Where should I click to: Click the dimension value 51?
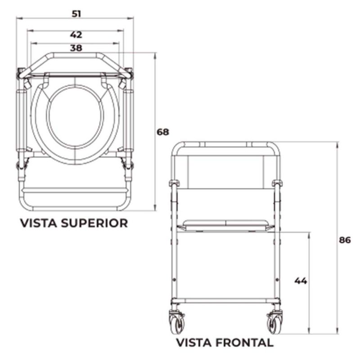76,14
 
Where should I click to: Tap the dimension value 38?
76,48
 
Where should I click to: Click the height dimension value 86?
344,240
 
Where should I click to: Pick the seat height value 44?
301,281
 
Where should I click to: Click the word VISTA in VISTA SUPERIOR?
40,223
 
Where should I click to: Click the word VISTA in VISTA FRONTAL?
193,342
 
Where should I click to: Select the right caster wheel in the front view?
273,322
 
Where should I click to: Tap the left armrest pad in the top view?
21,119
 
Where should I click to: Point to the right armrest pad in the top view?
130,119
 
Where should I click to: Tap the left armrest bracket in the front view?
174,184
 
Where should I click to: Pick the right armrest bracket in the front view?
278,184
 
